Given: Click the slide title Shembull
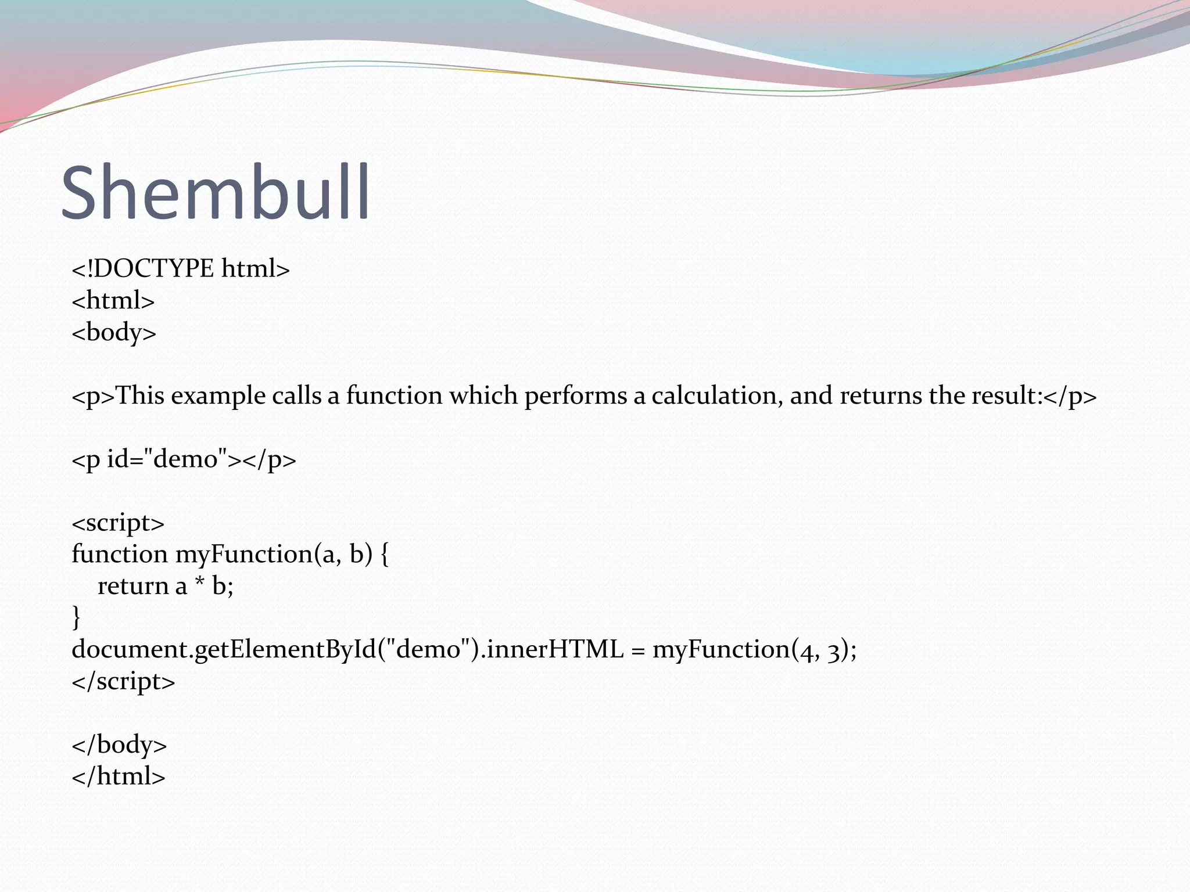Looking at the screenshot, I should pos(215,193).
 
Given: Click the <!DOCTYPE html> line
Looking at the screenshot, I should pos(180,269).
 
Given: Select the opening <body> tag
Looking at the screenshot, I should pos(114,333).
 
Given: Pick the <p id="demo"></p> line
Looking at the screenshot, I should pos(184,459).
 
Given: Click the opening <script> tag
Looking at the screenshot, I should pos(118,523).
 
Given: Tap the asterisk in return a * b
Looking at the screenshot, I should pos(199,583).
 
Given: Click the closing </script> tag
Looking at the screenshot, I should pos(123,681).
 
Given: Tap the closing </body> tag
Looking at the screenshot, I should pos(119,744).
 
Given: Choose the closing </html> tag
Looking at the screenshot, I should pos(119,776).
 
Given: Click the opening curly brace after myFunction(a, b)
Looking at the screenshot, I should pos(384,555).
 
